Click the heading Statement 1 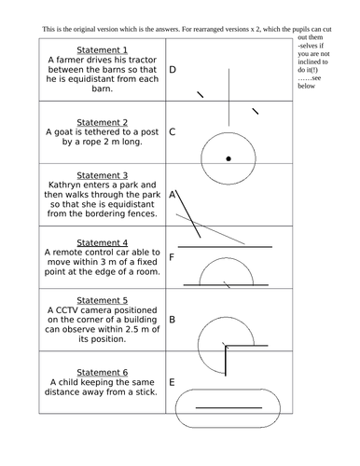[102, 50]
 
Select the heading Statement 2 [102, 122]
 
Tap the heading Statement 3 [102, 175]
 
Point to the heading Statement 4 [102, 242]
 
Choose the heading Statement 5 [102, 300]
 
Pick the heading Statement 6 [102, 372]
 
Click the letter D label [173, 70]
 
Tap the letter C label [173, 132]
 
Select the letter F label [172, 257]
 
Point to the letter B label [173, 320]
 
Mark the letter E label [172, 382]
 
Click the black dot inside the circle [228, 158]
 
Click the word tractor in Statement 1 [143, 60]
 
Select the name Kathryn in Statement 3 [65, 185]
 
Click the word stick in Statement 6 [146, 391]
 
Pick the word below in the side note [306, 86]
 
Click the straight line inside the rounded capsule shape [228, 407]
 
